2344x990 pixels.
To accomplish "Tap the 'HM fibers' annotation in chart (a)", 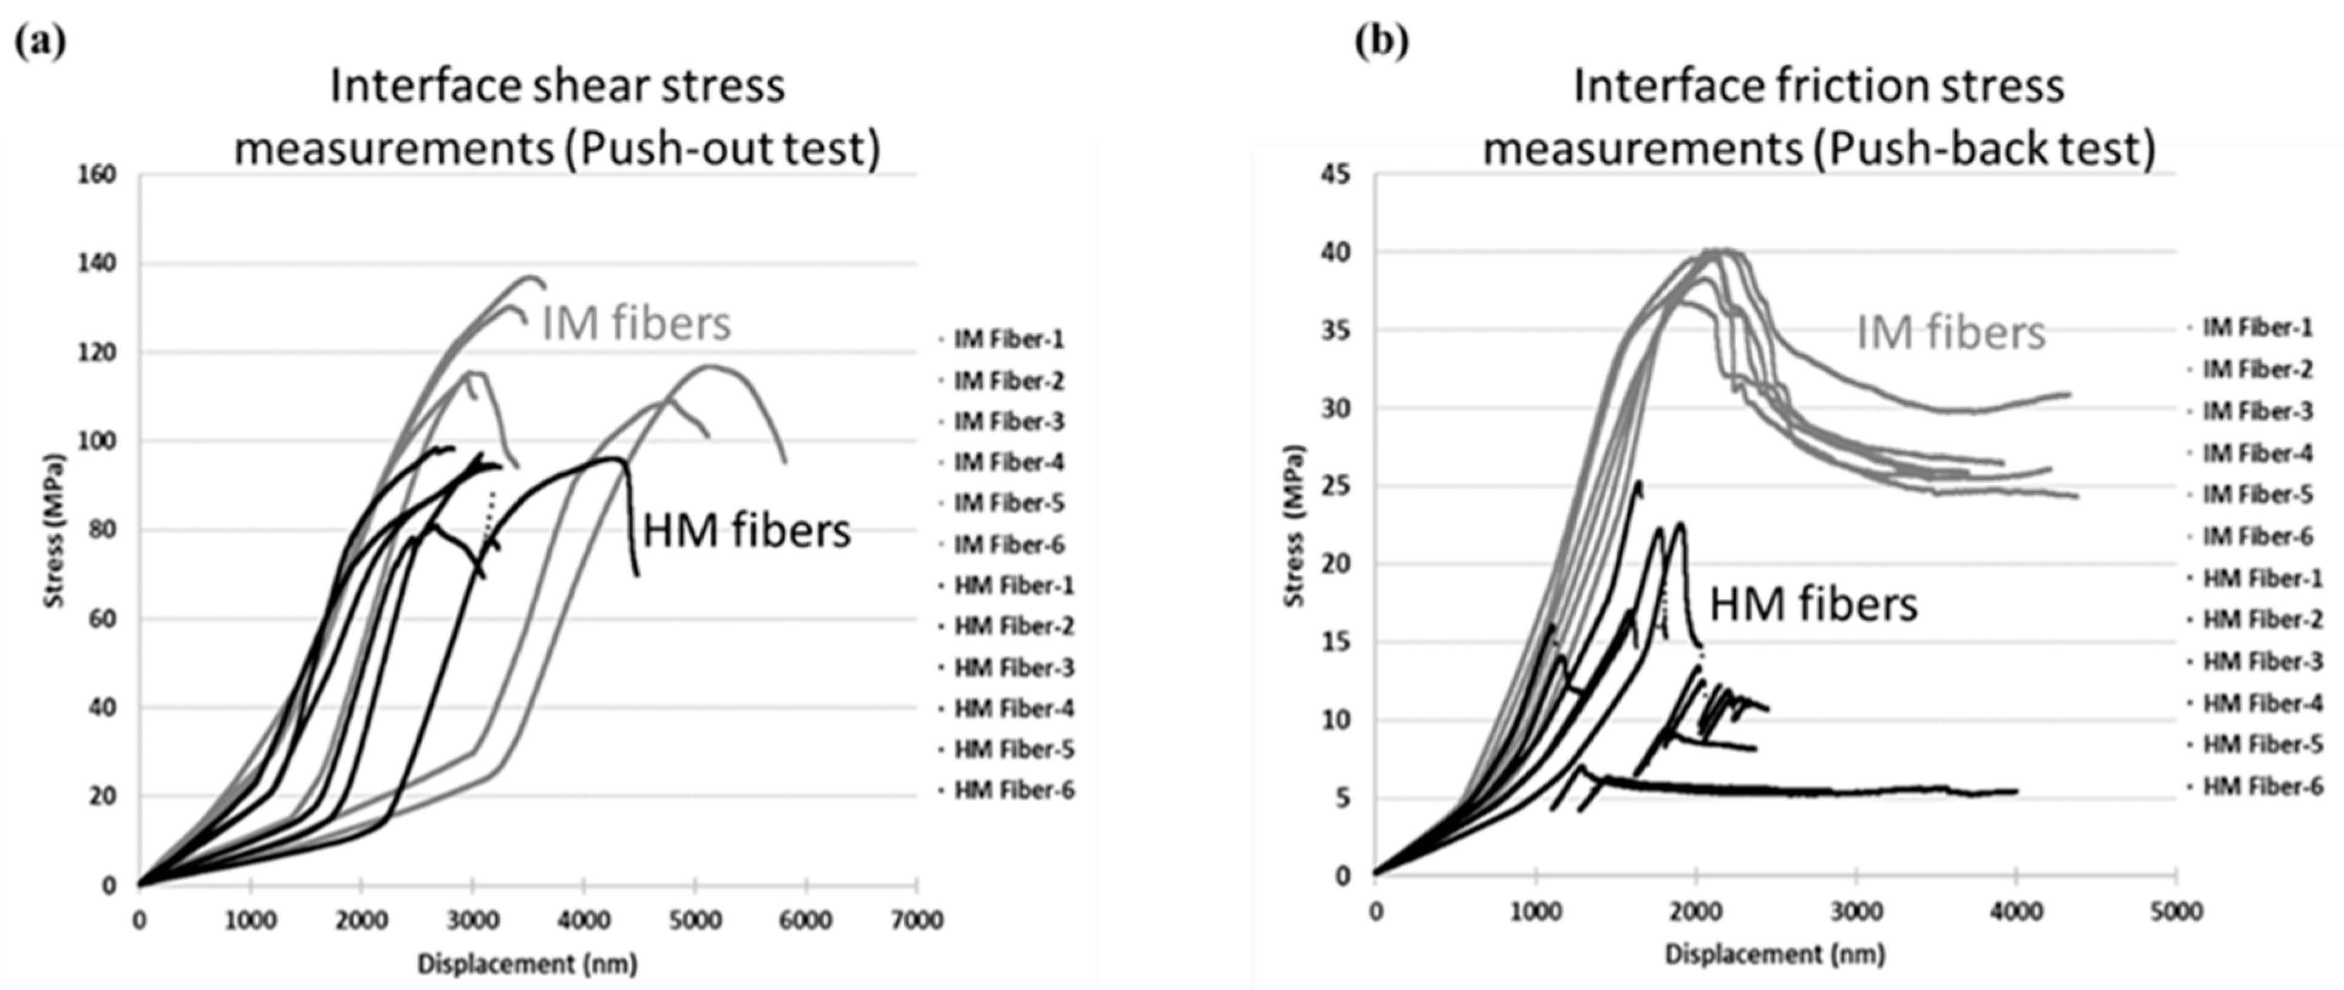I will (x=746, y=531).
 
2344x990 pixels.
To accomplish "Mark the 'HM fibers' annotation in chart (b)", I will (x=1813, y=604).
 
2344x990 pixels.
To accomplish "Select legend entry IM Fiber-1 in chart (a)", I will (x=1008, y=339).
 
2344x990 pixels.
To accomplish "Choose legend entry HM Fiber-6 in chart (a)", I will (x=1014, y=790).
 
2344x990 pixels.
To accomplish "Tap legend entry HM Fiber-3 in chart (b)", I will (x=2262, y=662).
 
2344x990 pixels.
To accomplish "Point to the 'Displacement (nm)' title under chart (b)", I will (x=1774, y=955).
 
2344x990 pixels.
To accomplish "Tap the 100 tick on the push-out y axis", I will (x=99, y=441).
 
